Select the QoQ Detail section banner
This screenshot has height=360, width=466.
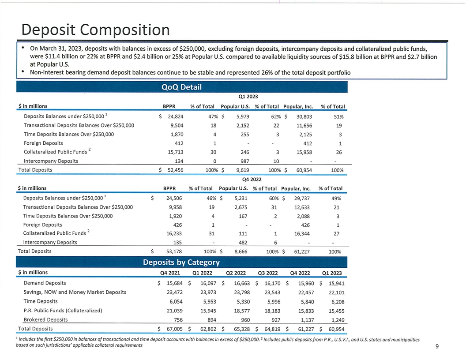pyautogui.click(x=182, y=87)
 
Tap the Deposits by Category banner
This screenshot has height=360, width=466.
pyautogui.click(x=181, y=262)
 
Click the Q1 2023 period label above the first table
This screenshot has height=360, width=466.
pyautogui.click(x=248, y=96)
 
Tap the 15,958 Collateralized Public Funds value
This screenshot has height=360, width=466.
pyautogui.click(x=303, y=152)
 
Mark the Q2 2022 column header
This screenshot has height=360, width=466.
pyautogui.click(x=236, y=272)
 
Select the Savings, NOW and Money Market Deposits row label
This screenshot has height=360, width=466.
pyautogui.click(x=75, y=292)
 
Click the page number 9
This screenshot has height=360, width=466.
pyautogui.click(x=437, y=346)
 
